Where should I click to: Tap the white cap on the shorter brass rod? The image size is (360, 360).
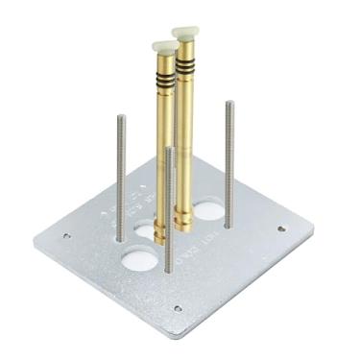click(x=164, y=47)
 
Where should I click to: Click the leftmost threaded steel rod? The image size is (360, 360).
click(x=120, y=178)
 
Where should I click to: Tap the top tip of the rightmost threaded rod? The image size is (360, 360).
click(x=229, y=103)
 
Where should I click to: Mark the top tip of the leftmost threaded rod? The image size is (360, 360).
click(x=120, y=117)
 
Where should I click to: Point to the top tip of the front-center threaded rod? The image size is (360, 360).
click(x=169, y=149)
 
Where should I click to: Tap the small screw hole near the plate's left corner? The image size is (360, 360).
click(x=66, y=235)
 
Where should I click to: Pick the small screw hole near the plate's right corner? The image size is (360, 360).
click(x=280, y=228)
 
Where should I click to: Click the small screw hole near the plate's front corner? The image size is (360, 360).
click(x=178, y=308)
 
